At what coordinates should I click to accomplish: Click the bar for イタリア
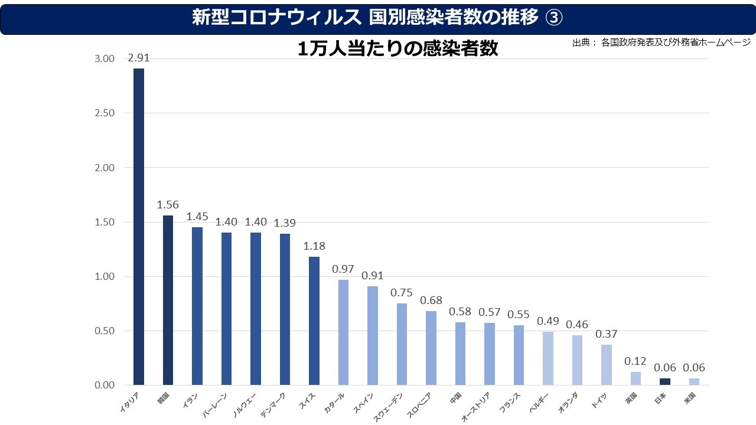(x=139, y=227)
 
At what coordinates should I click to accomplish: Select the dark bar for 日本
(x=665, y=382)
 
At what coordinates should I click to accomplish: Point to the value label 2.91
(x=139, y=58)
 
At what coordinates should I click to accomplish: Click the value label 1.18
(x=314, y=246)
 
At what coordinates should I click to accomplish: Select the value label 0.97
(x=343, y=269)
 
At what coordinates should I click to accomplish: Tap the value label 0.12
(x=636, y=361)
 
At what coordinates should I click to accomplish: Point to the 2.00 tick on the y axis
(x=104, y=168)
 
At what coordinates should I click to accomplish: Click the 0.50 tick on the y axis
(x=104, y=331)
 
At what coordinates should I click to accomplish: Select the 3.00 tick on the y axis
(x=104, y=59)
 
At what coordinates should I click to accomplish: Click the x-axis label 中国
(x=455, y=398)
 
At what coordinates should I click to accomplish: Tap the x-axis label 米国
(x=689, y=398)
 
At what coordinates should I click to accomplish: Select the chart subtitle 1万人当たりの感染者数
(x=397, y=49)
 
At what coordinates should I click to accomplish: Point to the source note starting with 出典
(x=661, y=42)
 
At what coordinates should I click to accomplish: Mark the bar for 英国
(x=636, y=378)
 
